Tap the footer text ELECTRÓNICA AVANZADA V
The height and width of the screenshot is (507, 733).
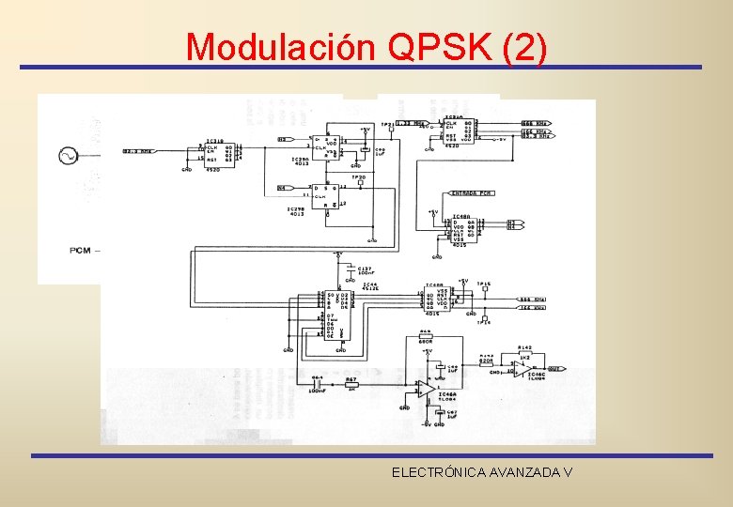482,472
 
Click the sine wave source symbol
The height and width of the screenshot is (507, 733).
68,155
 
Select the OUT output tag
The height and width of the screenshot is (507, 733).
555,369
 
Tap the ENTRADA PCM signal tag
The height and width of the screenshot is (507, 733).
473,193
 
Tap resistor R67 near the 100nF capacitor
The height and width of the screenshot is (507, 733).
351,383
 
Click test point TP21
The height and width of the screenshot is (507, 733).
387,127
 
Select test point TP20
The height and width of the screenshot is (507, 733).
358,179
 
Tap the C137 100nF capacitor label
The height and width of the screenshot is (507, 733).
364,270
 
